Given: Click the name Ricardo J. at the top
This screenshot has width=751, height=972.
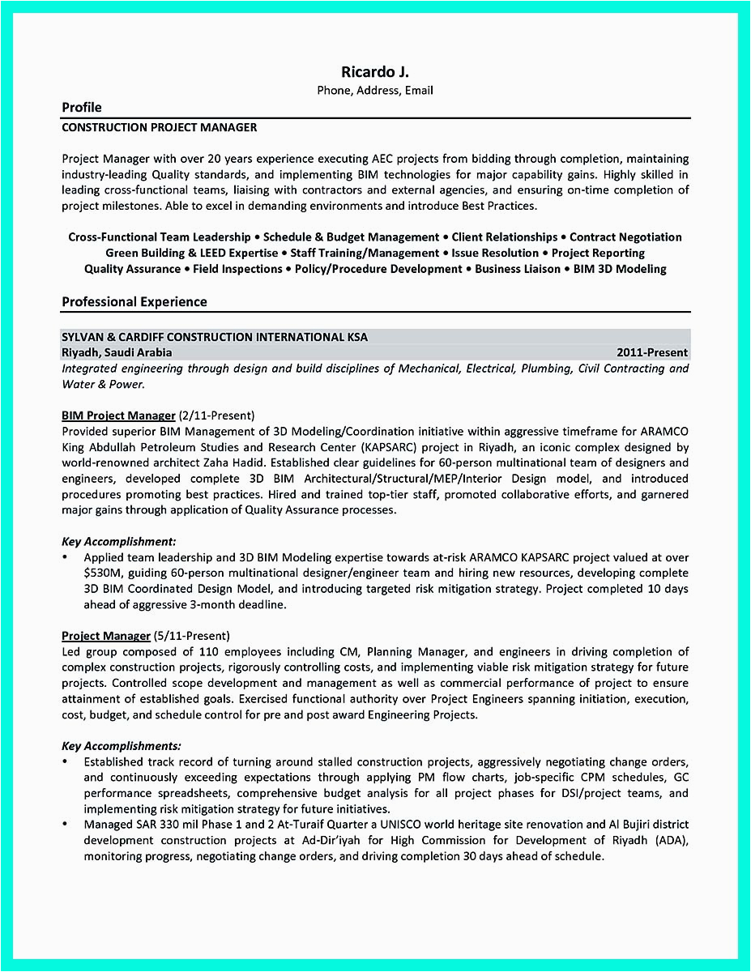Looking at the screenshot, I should tap(375, 72).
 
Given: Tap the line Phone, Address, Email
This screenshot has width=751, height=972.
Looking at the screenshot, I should tap(375, 91).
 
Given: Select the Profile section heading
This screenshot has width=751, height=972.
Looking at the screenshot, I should tap(82, 108).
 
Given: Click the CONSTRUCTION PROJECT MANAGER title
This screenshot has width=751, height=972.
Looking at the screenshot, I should tap(160, 127).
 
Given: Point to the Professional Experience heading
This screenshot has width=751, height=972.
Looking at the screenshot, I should tap(134, 302).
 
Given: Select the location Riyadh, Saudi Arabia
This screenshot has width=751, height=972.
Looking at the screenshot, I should tap(117, 352).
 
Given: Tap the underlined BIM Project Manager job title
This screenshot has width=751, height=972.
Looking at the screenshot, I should tap(118, 416).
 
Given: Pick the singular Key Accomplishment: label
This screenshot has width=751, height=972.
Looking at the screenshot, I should tap(119, 541).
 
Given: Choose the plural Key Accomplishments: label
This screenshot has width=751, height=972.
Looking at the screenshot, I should tap(122, 745).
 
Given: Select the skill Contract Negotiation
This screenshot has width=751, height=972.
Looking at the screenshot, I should tap(625, 237).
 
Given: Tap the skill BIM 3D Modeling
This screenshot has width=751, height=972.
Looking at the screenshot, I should tap(620, 269).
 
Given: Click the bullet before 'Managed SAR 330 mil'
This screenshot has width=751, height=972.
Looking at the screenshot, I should tap(65, 825).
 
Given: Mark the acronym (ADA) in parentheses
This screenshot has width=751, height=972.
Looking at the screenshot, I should tap(669, 840).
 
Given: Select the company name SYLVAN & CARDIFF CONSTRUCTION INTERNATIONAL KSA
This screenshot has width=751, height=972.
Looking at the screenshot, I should tap(215, 337).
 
